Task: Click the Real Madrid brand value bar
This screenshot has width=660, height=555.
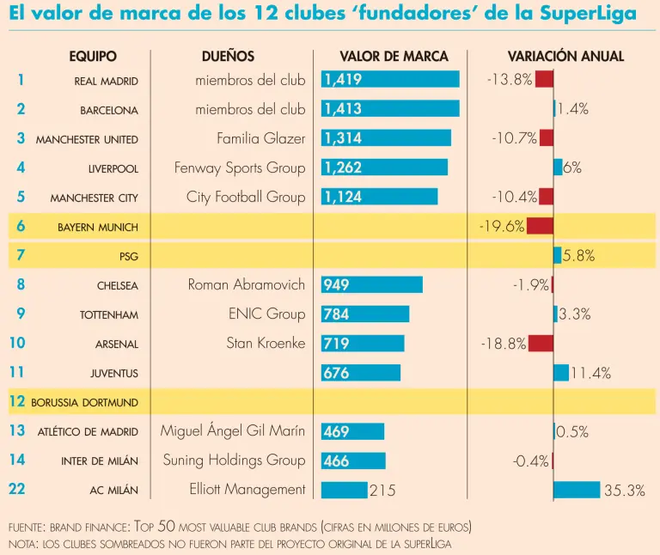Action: pyautogui.click(x=390, y=80)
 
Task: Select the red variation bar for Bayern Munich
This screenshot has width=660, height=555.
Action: pyautogui.click(x=540, y=226)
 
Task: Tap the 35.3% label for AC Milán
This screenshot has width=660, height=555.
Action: pyautogui.click(x=624, y=491)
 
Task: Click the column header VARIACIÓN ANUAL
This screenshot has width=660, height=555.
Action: pyautogui.click(x=565, y=57)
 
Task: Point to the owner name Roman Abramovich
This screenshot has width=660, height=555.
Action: pyautogui.click(x=247, y=284)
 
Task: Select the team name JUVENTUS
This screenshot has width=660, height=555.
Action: pyautogui.click(x=114, y=373)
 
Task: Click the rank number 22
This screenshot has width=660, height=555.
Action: pyautogui.click(x=17, y=489)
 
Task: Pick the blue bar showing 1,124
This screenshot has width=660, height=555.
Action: pyautogui.click(x=379, y=197)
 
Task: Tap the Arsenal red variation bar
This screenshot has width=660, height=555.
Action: pyautogui.click(x=541, y=344)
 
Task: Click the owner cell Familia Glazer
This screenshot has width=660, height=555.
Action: pyautogui.click(x=261, y=138)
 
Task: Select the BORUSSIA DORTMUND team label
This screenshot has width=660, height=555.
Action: pyautogui.click(x=84, y=402)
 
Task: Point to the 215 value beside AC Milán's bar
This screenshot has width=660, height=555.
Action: pyautogui.click(x=382, y=491)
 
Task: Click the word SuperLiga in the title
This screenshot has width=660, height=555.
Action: pyautogui.click(x=589, y=15)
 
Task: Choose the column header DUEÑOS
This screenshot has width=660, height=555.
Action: pyautogui.click(x=228, y=57)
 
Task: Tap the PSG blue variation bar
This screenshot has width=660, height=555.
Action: pyautogui.click(x=557, y=255)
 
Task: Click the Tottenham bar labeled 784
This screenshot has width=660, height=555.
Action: pyautogui.click(x=365, y=314)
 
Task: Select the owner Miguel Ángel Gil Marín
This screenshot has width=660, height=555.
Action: pyautogui.click(x=233, y=430)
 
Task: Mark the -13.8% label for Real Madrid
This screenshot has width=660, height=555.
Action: pyautogui.click(x=510, y=80)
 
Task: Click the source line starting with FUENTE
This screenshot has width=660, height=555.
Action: pyautogui.click(x=240, y=526)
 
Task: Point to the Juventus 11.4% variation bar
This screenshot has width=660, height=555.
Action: pyautogui.click(x=561, y=373)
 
